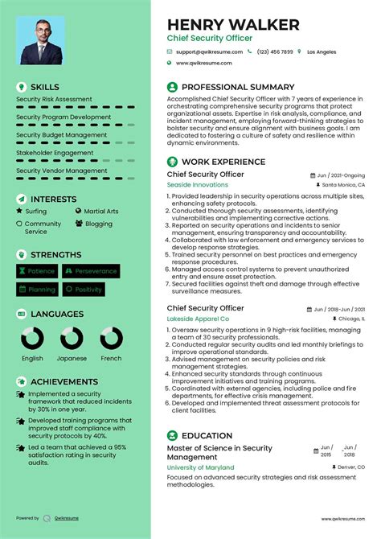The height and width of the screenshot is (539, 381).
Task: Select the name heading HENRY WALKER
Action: tap(233, 24)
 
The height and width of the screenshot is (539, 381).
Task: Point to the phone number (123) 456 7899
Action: tap(275, 51)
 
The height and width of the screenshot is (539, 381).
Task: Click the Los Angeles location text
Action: tap(322, 51)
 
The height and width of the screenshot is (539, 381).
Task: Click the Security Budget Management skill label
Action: tap(62, 135)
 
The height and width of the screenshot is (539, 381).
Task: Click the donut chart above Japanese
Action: tap(72, 338)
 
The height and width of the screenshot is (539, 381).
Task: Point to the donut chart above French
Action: tap(111, 338)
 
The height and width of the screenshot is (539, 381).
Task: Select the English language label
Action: tap(32, 358)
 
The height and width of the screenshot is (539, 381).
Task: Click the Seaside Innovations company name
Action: tap(197, 184)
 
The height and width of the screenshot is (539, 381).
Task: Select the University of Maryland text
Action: tap(200, 467)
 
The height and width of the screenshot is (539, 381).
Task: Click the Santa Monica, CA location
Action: tap(343, 184)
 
